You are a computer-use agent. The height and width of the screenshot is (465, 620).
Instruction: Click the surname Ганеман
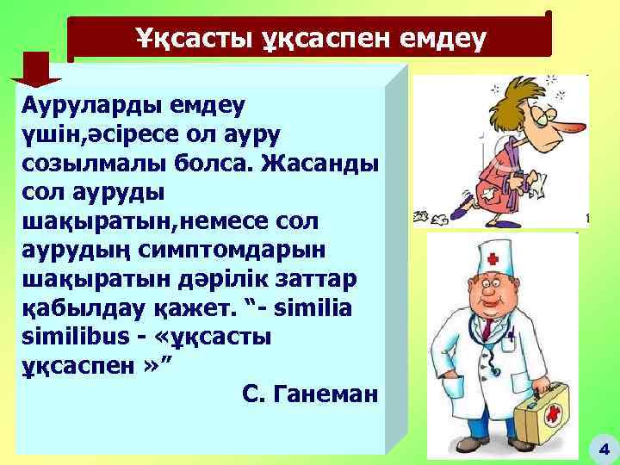click(325, 395)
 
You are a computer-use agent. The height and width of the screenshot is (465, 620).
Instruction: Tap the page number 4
click(602, 448)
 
